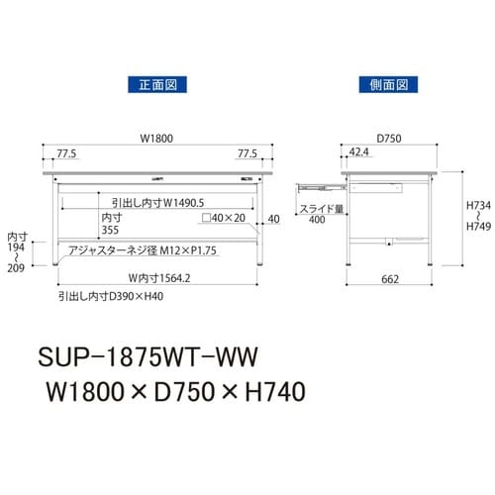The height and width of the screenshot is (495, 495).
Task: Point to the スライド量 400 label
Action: pyautogui.click(x=317, y=214)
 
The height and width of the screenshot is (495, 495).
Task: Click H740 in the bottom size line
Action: pyautogui.click(x=270, y=392)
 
